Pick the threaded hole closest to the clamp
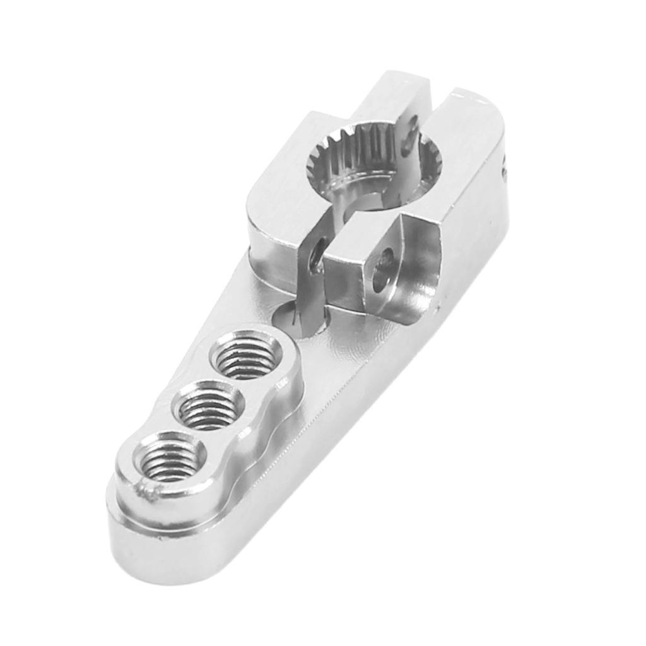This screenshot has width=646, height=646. (247, 356)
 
